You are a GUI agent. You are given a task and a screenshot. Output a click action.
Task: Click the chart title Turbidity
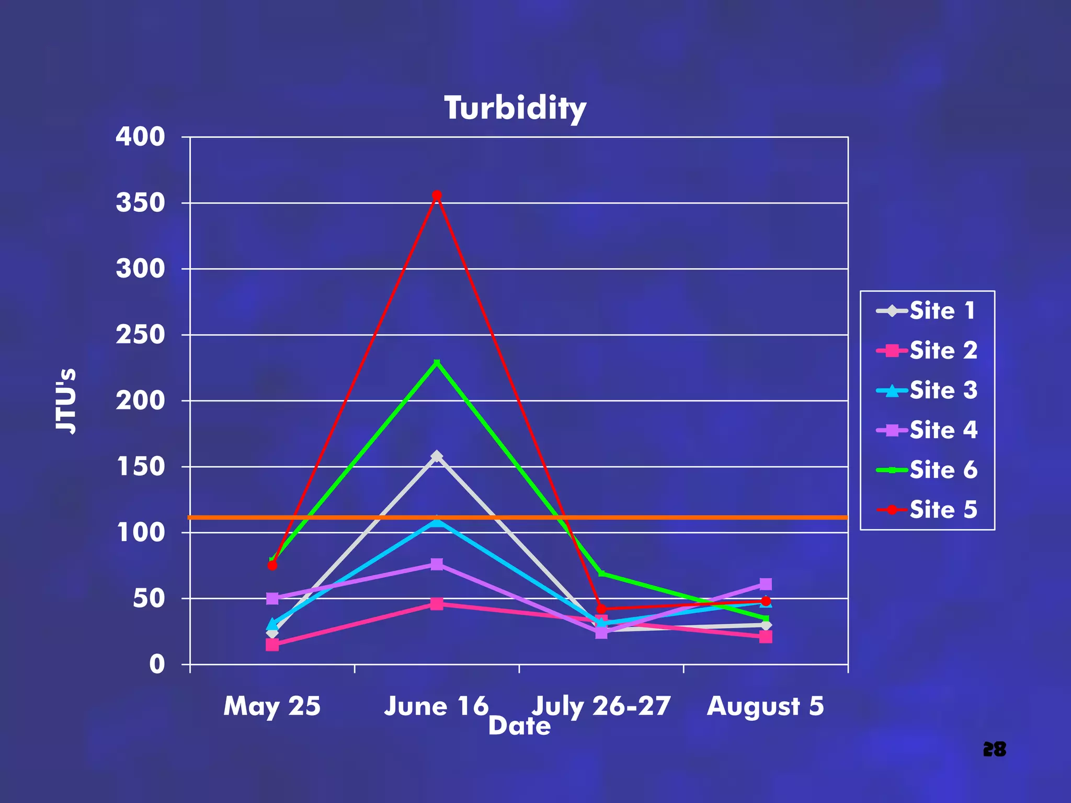click(x=515, y=108)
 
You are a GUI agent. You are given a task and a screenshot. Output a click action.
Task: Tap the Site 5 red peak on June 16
click(x=437, y=195)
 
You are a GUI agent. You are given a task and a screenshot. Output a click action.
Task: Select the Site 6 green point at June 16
click(x=437, y=362)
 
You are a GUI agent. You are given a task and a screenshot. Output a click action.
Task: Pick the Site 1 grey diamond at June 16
click(x=437, y=456)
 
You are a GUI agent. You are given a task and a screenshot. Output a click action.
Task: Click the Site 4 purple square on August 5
click(x=766, y=584)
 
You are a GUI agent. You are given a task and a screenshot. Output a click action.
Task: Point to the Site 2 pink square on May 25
click(x=272, y=645)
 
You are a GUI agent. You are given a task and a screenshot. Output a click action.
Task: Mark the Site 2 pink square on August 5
click(x=766, y=637)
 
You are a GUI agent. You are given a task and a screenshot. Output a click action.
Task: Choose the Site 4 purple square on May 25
click(x=272, y=598)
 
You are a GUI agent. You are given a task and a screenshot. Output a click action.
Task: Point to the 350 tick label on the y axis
click(x=140, y=203)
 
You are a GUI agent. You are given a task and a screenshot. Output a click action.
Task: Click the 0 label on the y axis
click(x=157, y=664)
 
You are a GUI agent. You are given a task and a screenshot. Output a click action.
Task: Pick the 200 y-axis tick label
click(x=140, y=400)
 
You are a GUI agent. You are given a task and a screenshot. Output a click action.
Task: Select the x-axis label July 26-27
click(x=601, y=706)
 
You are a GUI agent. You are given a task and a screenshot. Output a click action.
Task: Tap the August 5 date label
click(x=766, y=706)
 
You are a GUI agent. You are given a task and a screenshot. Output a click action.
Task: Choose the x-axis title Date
click(x=519, y=726)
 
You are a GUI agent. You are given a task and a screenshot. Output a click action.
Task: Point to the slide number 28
click(x=994, y=749)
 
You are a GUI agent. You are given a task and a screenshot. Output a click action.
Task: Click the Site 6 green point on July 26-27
click(x=601, y=573)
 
